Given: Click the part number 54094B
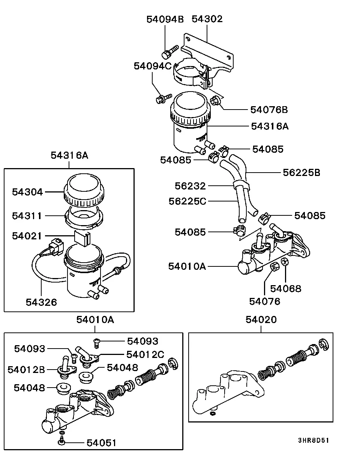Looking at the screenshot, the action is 165,20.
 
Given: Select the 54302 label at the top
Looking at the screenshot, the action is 207,19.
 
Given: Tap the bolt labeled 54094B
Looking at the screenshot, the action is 170,52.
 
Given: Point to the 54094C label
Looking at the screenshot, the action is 153,66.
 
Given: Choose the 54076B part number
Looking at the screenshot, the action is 269,110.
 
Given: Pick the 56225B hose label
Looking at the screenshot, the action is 301,173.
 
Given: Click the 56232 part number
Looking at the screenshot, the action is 190,186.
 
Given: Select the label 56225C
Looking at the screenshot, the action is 187,201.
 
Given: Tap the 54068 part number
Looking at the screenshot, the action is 286,289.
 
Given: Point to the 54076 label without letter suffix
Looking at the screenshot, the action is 265,301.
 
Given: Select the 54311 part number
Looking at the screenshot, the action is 27,216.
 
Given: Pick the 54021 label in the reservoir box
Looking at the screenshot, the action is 27,236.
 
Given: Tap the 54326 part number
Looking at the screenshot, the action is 41,302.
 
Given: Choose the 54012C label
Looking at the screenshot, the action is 145,355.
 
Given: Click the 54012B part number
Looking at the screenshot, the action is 26,370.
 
